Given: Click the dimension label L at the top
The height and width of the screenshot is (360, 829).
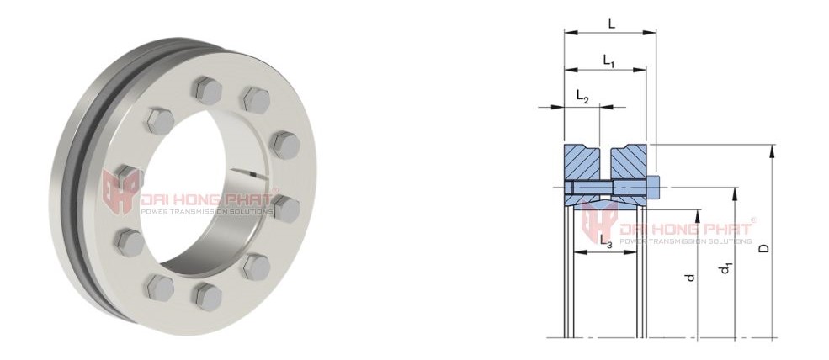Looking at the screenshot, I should click(611, 24).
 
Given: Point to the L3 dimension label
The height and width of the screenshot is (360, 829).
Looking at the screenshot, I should click(605, 242).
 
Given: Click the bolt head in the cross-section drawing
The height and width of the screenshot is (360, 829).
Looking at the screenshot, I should click(652, 187).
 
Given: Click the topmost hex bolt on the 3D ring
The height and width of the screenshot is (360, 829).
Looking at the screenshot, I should click(205, 87).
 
